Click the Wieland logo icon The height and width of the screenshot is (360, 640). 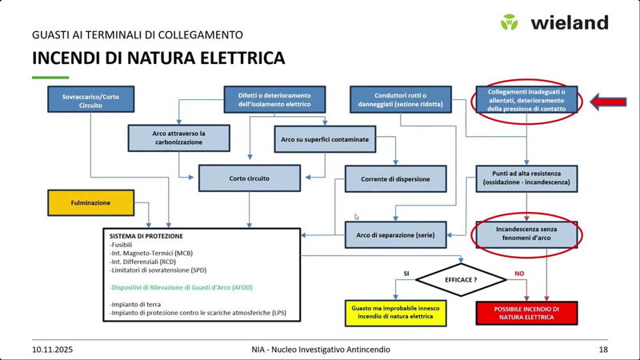pos(510,22)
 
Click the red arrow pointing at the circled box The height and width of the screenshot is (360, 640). pos(613,101)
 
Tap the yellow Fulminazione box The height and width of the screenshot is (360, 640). pos(90,203)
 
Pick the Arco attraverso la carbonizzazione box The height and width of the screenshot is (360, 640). pos(178,138)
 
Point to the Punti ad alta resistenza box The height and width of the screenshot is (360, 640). pos(526,178)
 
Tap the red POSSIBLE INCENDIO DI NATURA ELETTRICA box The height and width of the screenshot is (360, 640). pos(526,313)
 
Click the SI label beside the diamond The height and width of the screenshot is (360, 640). pos(406,273)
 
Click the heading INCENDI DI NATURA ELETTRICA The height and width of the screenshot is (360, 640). pos(158,58)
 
